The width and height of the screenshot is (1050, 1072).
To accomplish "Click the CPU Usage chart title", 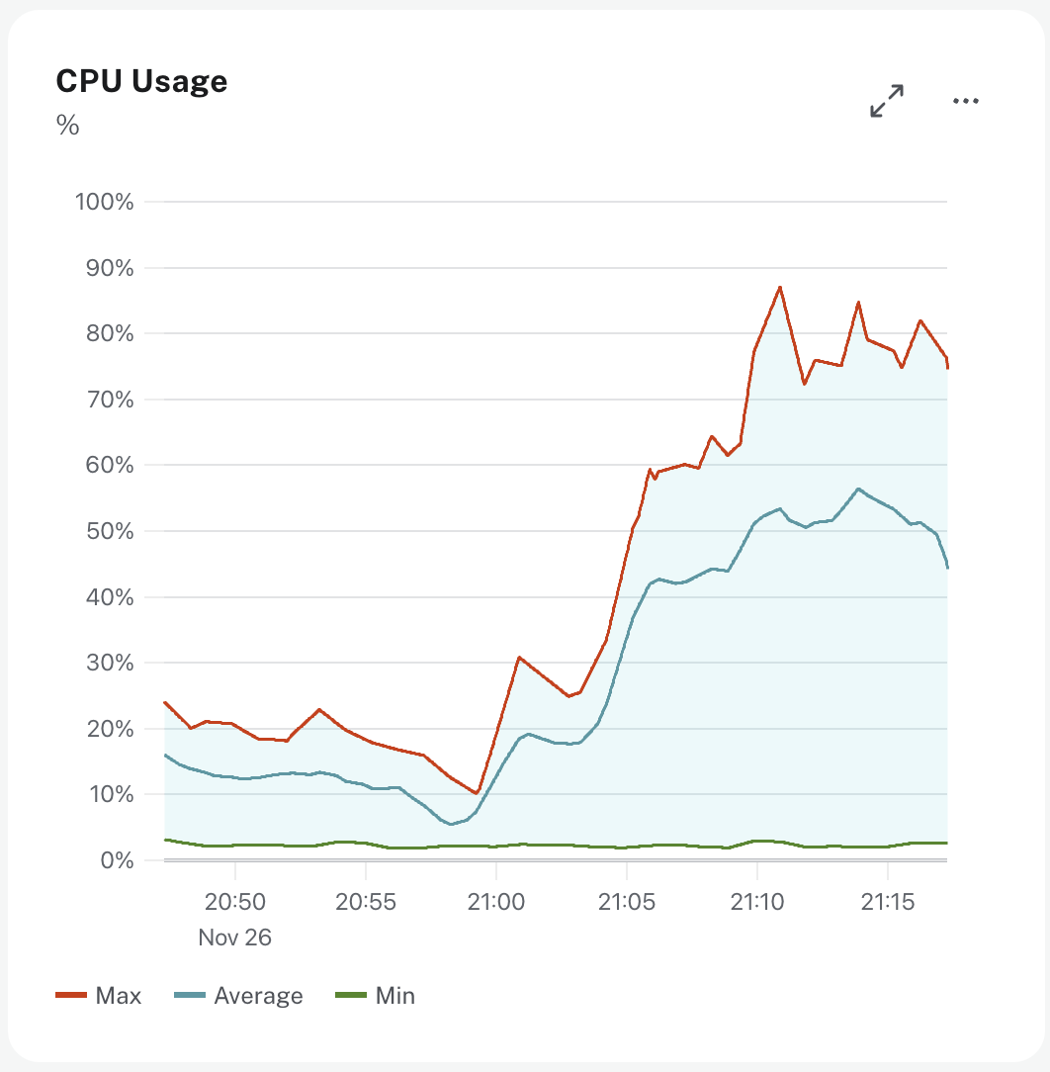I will (141, 81).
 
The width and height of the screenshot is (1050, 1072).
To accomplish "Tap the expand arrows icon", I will (887, 101).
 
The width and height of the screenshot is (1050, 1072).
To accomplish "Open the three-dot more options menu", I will (965, 101).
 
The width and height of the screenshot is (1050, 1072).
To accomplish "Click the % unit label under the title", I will (67, 126).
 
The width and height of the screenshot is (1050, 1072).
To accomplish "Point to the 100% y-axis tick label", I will (104, 202).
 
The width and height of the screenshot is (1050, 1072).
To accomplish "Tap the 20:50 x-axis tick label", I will (234, 901).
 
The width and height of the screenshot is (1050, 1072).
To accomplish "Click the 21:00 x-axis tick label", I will (495, 901).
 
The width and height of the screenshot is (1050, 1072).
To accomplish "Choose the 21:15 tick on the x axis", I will (887, 901).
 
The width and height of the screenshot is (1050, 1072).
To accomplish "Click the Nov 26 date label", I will (234, 937).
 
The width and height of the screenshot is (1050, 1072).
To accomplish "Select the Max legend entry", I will (99, 996).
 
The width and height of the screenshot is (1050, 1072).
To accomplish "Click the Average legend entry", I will (238, 996).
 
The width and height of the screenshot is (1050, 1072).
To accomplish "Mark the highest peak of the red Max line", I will (780, 287).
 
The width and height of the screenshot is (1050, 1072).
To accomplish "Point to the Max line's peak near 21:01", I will (518, 657).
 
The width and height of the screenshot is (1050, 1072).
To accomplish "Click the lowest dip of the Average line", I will (451, 824).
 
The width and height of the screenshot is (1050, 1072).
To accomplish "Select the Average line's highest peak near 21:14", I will (858, 489).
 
